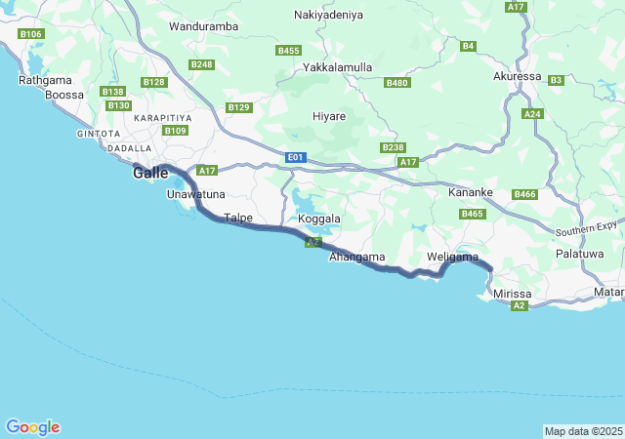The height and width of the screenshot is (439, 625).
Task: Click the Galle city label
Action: tap(150, 173)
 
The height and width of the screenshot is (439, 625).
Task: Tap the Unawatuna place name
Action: tap(195, 194)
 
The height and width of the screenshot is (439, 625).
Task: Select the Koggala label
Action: tap(319, 219)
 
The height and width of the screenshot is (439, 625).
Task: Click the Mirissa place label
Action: tap(512, 293)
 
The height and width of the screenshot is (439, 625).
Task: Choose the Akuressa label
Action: tap(517, 75)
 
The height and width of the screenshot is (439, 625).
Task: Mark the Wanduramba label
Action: tap(204, 26)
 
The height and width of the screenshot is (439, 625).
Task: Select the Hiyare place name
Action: tap(329, 116)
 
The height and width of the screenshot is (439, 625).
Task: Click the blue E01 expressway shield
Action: tap(297, 156)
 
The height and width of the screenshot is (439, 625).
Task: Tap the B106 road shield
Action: tap(31, 34)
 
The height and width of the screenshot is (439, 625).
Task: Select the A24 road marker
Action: tap(532, 114)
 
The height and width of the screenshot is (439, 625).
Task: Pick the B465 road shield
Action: tap(473, 214)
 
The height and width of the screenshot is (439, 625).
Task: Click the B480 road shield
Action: tap(396, 83)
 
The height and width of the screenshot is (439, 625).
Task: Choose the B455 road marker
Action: tap(288, 50)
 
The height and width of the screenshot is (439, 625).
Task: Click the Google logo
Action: tap(33, 427)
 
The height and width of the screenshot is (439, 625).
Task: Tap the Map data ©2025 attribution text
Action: tap(582, 431)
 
